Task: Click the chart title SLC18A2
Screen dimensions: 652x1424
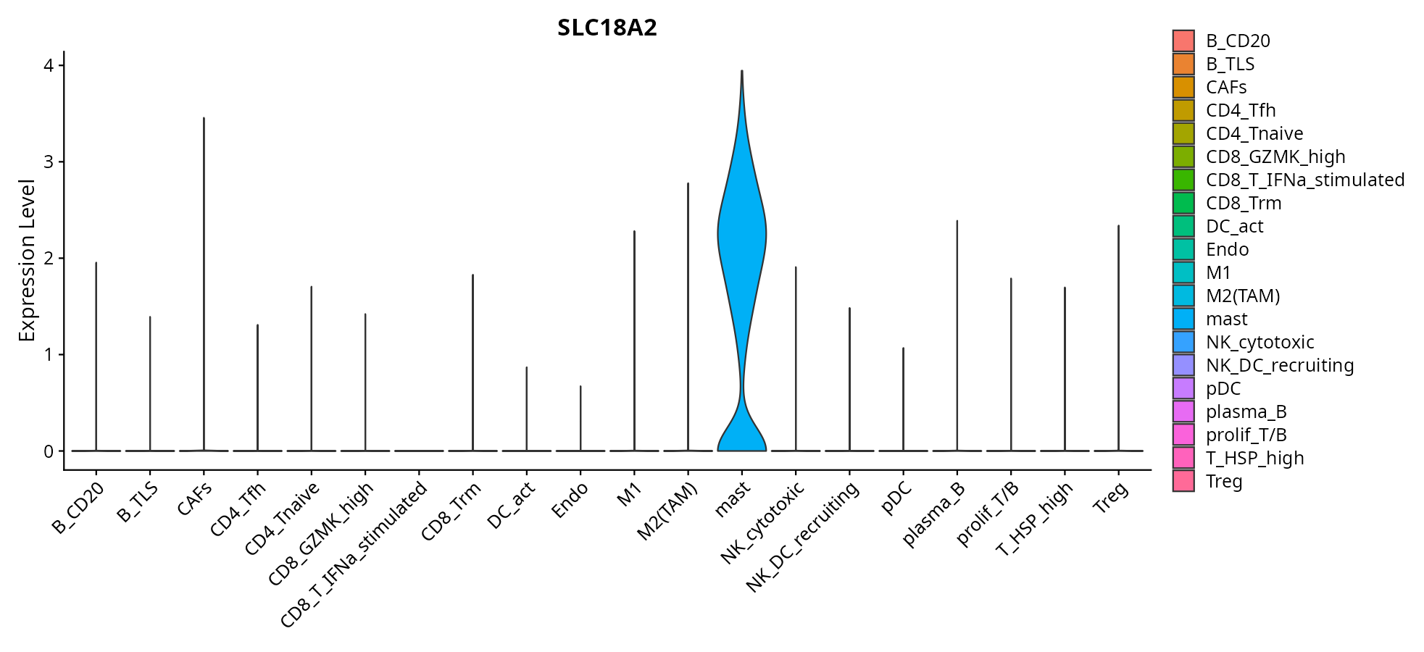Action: tap(607, 28)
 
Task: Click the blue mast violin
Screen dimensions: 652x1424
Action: tap(741, 239)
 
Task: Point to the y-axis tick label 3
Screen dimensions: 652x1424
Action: tap(49, 162)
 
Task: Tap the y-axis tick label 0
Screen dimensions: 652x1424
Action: tap(49, 451)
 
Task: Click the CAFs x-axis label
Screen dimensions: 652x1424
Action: tap(195, 499)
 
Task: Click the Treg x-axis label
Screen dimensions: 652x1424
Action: tap(1111, 498)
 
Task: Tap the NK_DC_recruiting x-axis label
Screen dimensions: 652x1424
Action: tap(804, 536)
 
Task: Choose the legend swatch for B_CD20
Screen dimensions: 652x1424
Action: tap(1183, 41)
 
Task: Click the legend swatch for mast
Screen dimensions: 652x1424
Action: tap(1183, 319)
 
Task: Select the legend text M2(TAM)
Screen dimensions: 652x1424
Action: tap(1243, 296)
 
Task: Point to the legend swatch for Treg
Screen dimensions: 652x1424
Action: tap(1183, 481)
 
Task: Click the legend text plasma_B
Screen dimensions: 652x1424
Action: tap(1246, 411)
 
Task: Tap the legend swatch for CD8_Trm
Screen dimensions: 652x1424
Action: tap(1183, 203)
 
